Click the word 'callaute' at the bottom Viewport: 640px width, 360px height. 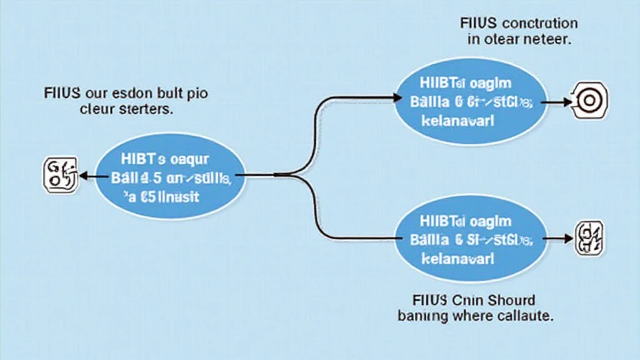coord(522,316)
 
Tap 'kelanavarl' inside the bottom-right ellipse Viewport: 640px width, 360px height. coord(457,257)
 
